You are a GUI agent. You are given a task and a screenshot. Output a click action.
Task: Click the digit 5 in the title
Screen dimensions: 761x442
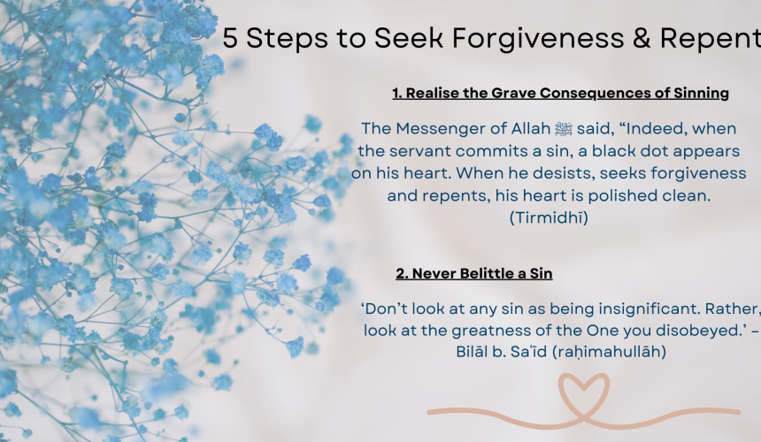pyautogui.click(x=230, y=38)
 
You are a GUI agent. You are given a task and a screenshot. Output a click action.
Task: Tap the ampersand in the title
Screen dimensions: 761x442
pyautogui.click(x=642, y=38)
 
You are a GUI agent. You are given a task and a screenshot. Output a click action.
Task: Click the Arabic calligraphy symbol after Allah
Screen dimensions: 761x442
pyautogui.click(x=563, y=129)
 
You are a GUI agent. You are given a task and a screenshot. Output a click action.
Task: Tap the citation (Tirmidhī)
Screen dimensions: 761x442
pyautogui.click(x=549, y=217)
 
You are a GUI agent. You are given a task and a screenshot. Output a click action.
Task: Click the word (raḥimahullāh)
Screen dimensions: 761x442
pyautogui.click(x=609, y=351)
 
